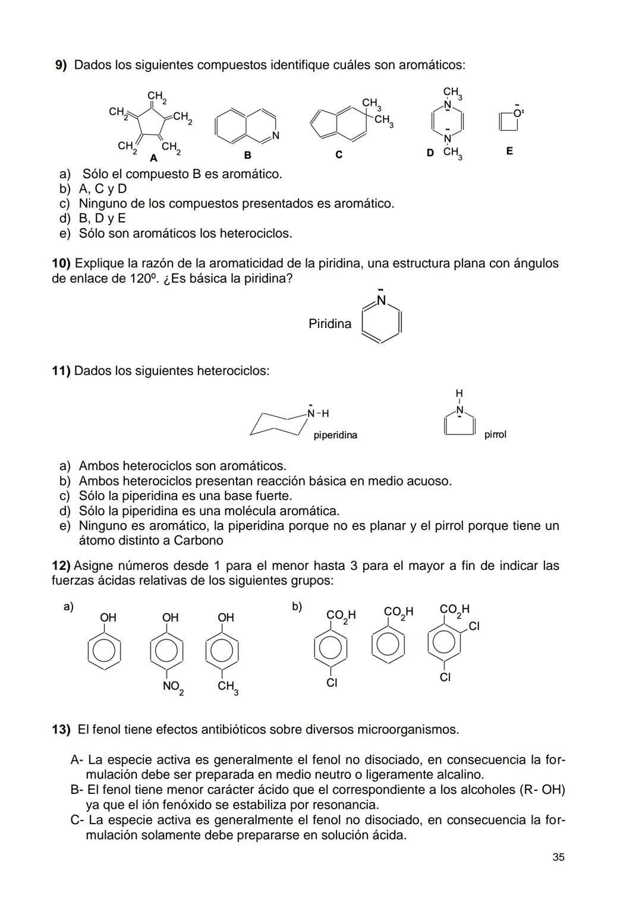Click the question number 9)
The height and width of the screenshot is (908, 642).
(61, 65)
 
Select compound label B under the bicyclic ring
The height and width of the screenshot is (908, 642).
(248, 155)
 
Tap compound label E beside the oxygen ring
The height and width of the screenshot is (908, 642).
(509, 151)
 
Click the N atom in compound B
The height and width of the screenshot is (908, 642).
(275, 135)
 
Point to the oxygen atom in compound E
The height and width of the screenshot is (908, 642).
(517, 113)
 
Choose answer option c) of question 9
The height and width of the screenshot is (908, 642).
(64, 204)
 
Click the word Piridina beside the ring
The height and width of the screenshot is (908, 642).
(330, 324)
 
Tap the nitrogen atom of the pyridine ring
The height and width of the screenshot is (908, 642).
(382, 300)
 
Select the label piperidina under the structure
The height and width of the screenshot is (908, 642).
(335, 435)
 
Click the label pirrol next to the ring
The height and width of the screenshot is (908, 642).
(495, 434)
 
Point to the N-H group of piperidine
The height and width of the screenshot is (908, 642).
(318, 413)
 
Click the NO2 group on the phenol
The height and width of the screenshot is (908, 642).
(173, 687)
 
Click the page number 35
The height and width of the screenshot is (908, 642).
(558, 857)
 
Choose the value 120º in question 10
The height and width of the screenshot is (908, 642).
(143, 279)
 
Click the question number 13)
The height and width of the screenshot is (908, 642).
(61, 729)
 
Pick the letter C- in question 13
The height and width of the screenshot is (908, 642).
(76, 820)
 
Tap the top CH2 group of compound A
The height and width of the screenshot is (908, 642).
(156, 96)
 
